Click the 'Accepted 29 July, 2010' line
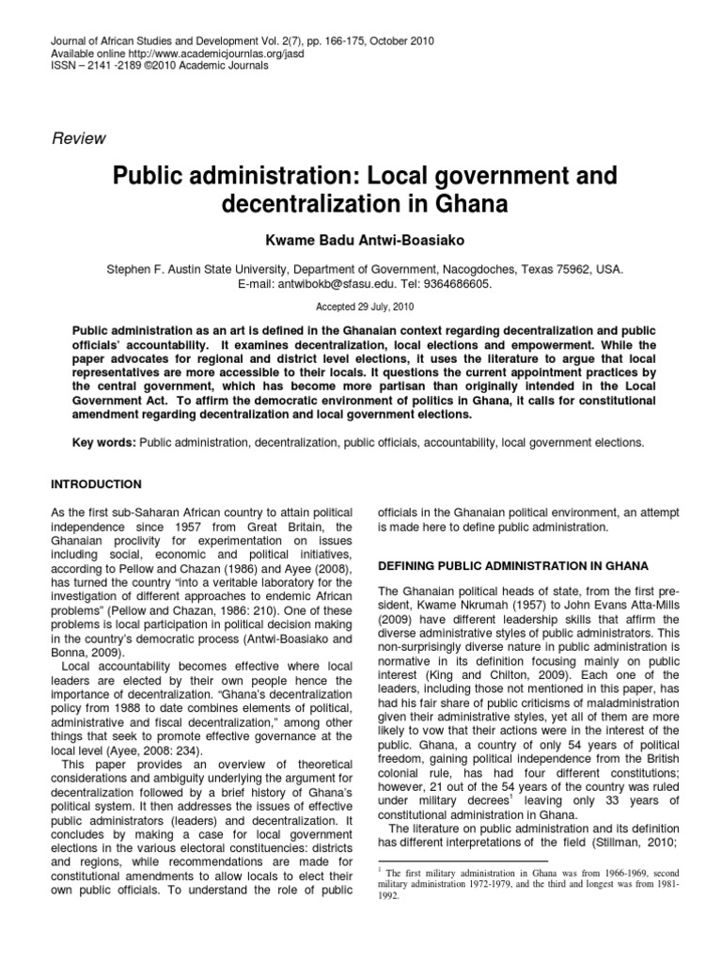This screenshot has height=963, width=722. click(x=360, y=307)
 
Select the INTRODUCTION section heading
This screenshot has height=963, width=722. click(x=95, y=484)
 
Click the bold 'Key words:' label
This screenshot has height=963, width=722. click(x=104, y=442)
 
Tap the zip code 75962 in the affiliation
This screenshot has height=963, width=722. click(x=575, y=268)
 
